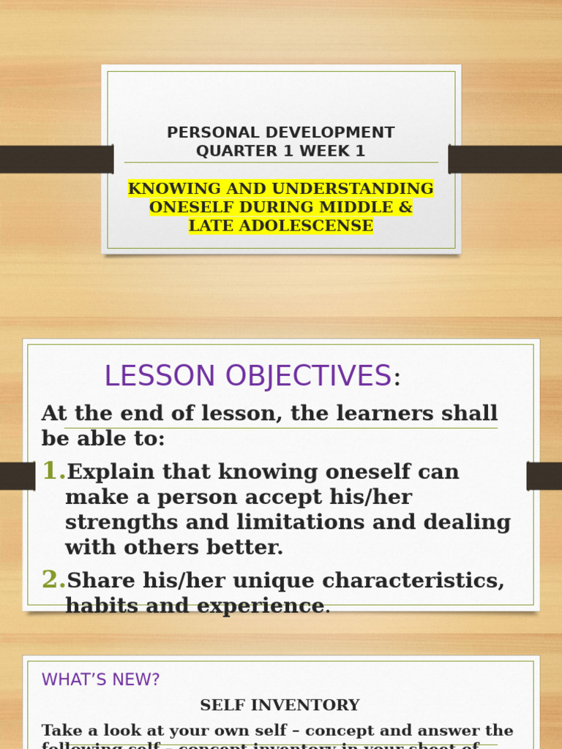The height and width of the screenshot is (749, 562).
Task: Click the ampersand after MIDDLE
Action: click(x=405, y=207)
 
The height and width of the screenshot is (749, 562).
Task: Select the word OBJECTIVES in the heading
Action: click(x=308, y=376)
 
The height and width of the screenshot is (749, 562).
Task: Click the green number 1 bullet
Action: click(x=53, y=471)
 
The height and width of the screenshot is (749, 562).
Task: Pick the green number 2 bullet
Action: click(x=53, y=579)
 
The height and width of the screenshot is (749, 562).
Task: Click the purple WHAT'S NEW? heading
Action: click(x=100, y=680)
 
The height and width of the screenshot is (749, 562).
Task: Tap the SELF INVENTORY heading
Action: click(x=280, y=705)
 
